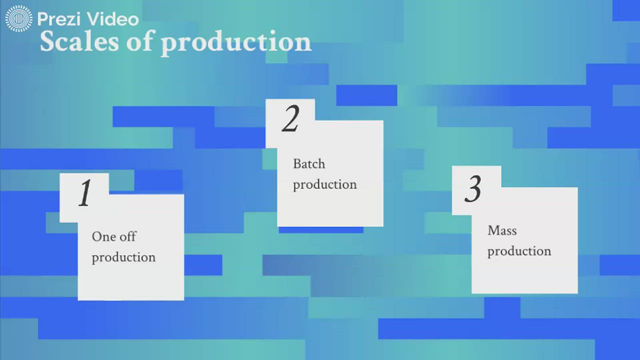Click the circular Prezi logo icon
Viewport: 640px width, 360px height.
pos(19,19)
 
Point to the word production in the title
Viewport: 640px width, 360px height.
pos(236,42)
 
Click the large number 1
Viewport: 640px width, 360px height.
pos(85,193)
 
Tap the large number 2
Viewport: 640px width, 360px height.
pos(290,119)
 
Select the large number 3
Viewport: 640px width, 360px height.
pos(473,189)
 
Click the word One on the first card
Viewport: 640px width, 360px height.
pos(103,236)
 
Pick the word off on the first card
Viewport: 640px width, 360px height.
pos(127,236)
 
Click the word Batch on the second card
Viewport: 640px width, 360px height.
pos(309,164)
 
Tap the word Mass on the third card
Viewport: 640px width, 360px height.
pos(502,230)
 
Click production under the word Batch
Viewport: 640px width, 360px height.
pos(325,185)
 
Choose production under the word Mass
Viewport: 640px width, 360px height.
pos(519,251)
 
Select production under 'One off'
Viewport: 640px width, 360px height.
pos(123,257)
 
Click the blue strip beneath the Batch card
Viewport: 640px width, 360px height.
pos(320,230)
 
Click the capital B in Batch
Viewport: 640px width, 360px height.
pos(297,164)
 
